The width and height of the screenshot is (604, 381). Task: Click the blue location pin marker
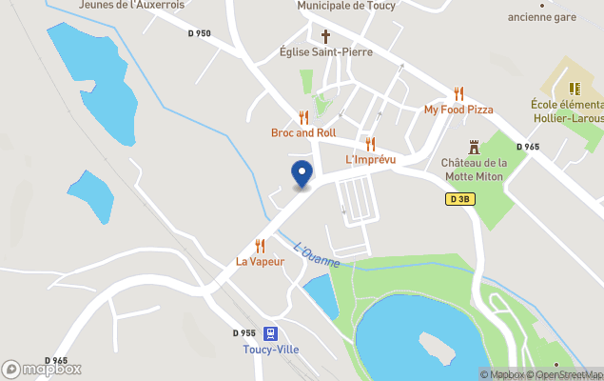[x=302, y=173]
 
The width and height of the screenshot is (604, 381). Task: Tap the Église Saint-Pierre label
[x=325, y=52]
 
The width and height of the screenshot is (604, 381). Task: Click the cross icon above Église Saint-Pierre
[x=325, y=36]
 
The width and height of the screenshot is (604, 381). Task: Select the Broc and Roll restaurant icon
[x=303, y=117]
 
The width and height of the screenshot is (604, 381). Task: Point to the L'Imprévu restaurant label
[x=370, y=159]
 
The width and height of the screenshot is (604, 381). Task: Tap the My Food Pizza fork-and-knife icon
[x=458, y=93]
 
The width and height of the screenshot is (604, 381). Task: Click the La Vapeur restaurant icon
[x=260, y=246]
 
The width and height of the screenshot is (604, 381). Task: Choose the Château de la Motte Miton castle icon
[x=475, y=147]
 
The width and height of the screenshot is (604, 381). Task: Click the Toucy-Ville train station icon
[x=271, y=333]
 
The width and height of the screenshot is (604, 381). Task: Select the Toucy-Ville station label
[x=270, y=350]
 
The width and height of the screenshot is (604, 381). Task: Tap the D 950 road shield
[x=199, y=33]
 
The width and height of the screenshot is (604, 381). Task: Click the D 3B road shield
[x=458, y=199]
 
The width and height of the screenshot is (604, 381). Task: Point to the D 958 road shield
[x=244, y=333]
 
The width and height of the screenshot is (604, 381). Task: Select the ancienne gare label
[x=541, y=16]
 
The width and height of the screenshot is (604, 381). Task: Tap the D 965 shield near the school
[x=528, y=147]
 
